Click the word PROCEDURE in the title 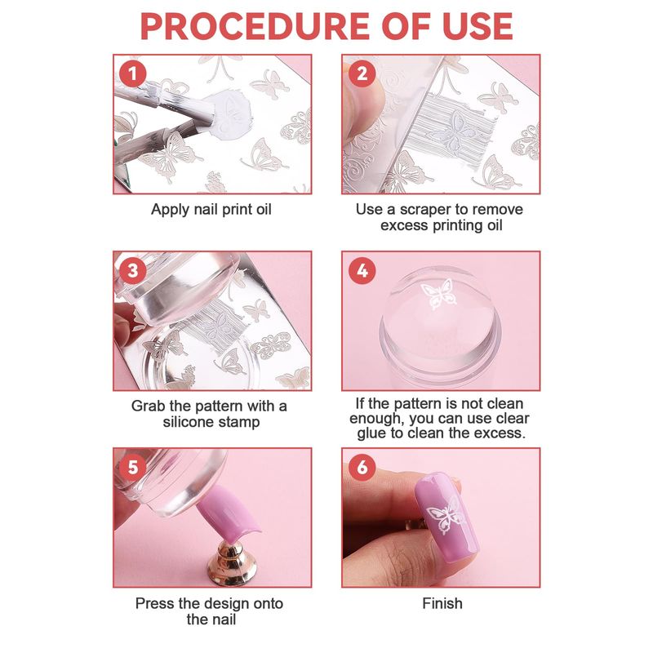[255, 26]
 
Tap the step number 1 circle [133, 74]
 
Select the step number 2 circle [362, 74]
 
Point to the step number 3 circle [133, 271]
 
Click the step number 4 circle [362, 271]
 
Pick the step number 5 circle [133, 467]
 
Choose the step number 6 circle [362, 467]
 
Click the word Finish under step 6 [442, 603]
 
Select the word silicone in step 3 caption [189, 422]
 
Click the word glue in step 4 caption [371, 434]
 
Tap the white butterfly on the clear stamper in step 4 [438, 294]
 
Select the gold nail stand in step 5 [232, 562]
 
